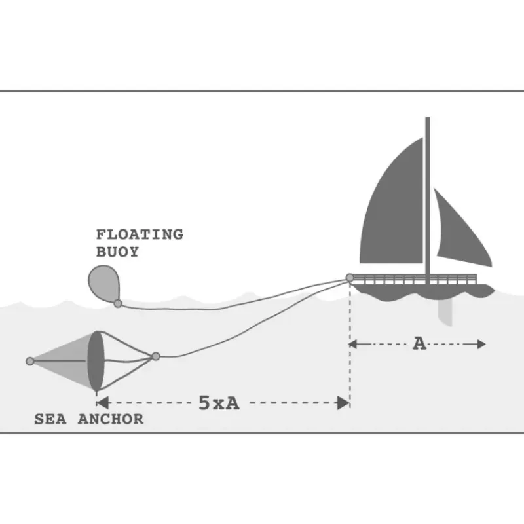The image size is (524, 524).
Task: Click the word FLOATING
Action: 140,234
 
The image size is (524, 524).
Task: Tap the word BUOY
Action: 117,252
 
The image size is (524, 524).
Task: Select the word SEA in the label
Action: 50,419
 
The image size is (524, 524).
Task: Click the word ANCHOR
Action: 111,419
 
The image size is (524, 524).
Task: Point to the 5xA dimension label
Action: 219,403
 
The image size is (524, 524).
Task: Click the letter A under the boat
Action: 420,343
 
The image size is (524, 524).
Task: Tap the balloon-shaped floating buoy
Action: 103,283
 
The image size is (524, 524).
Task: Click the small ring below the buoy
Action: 118,303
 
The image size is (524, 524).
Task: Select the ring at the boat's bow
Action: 350,278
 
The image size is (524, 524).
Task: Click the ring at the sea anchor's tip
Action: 30,362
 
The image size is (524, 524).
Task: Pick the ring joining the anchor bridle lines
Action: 156,356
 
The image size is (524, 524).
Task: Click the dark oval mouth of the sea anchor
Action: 96,362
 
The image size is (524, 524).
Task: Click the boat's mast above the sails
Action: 428,127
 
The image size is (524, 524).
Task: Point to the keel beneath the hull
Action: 445,312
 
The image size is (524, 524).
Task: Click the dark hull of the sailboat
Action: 422,291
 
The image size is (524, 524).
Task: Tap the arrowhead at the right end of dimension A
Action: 481,344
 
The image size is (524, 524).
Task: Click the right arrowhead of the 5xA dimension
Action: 343,403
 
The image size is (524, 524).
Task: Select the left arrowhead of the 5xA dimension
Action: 103,403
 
